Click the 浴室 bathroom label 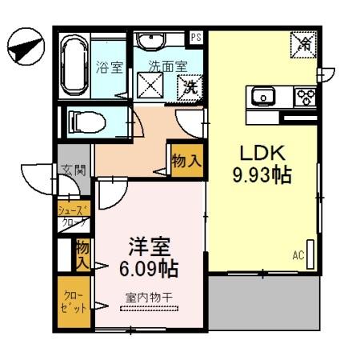[x=110, y=68]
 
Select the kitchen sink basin [x=263, y=98]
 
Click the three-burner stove [x=305, y=98]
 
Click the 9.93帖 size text [x=260, y=174]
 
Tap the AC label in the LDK [x=298, y=256]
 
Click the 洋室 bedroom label [x=150, y=245]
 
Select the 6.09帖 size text [x=150, y=266]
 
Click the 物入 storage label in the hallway [x=186, y=162]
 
